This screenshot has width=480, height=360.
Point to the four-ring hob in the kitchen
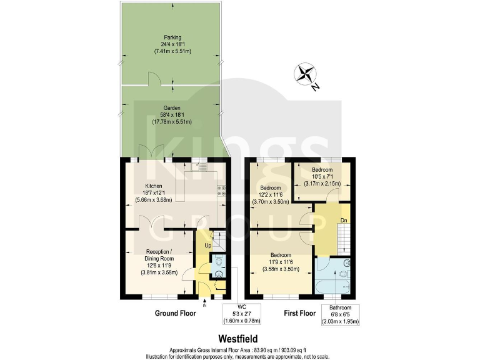point(221,191)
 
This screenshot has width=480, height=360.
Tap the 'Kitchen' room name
point(154,186)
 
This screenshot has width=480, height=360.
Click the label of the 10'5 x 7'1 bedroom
point(322,169)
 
